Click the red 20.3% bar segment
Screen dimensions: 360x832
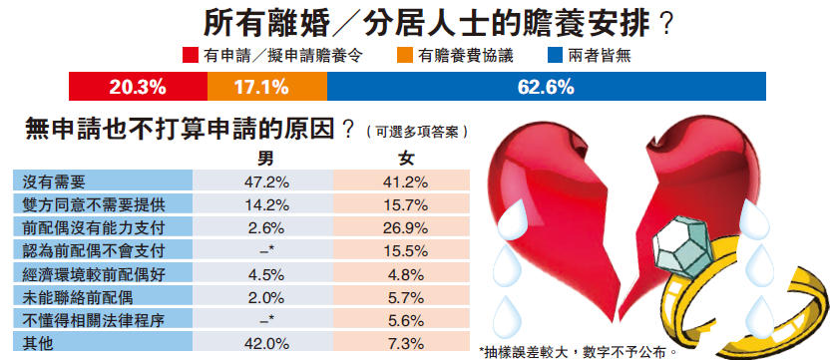(138, 86)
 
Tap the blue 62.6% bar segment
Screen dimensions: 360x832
(547, 86)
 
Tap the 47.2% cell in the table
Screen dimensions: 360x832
(266, 181)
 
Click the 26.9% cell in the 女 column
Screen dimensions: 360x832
(406, 226)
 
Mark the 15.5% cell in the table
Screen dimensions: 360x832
(406, 249)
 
